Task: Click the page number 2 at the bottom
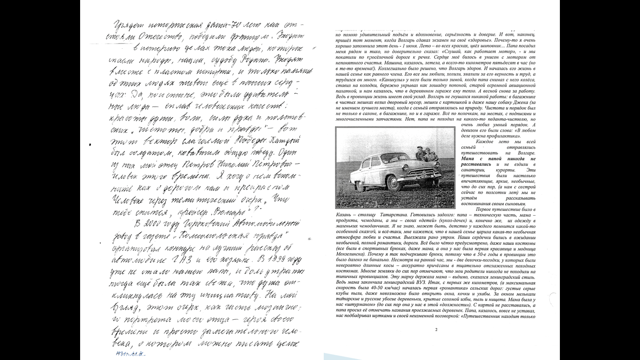click(x=436, y=330)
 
